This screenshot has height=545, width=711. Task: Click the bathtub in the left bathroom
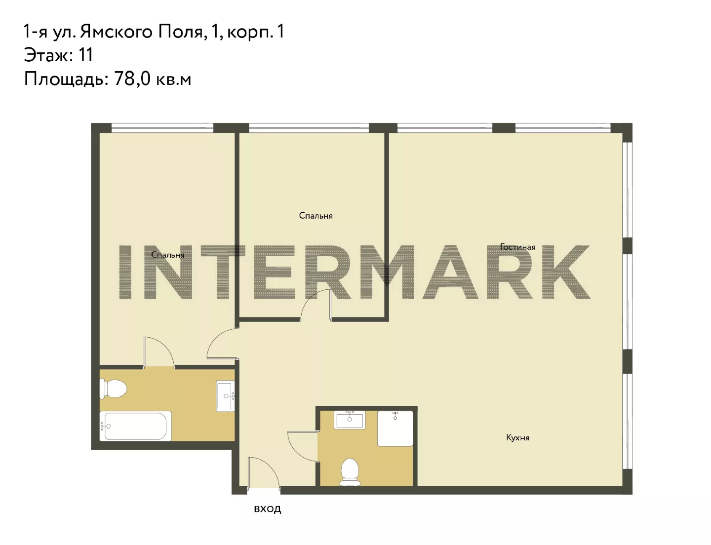[x=135, y=426]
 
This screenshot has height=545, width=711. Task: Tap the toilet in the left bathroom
[x=113, y=389]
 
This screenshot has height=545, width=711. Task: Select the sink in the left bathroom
[x=226, y=396]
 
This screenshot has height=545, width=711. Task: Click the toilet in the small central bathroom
[x=350, y=472]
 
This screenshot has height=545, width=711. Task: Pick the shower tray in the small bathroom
[x=395, y=428]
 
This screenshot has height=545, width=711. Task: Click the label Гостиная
[x=517, y=247]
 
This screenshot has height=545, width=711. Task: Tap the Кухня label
[x=517, y=438]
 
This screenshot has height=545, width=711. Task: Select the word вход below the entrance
[x=267, y=508]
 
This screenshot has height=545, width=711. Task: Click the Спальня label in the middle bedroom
[x=316, y=216]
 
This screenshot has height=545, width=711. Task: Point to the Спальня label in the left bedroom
[x=168, y=255]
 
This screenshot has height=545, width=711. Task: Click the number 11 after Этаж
[x=85, y=55]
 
